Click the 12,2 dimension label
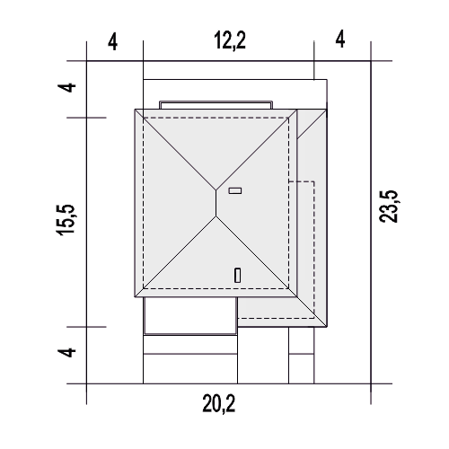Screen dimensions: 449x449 (x=230, y=40)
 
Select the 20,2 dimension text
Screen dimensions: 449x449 (x=219, y=404)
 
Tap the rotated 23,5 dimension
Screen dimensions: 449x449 (x=389, y=207)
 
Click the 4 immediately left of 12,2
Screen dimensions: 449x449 (x=112, y=42)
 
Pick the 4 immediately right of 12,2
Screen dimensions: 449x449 (x=340, y=40)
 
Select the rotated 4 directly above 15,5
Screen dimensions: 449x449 (x=67, y=88)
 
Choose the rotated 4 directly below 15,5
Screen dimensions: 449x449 (x=67, y=352)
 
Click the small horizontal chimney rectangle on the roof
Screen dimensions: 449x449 (x=235, y=190)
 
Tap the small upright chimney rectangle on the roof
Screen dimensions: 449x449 (x=237, y=276)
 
